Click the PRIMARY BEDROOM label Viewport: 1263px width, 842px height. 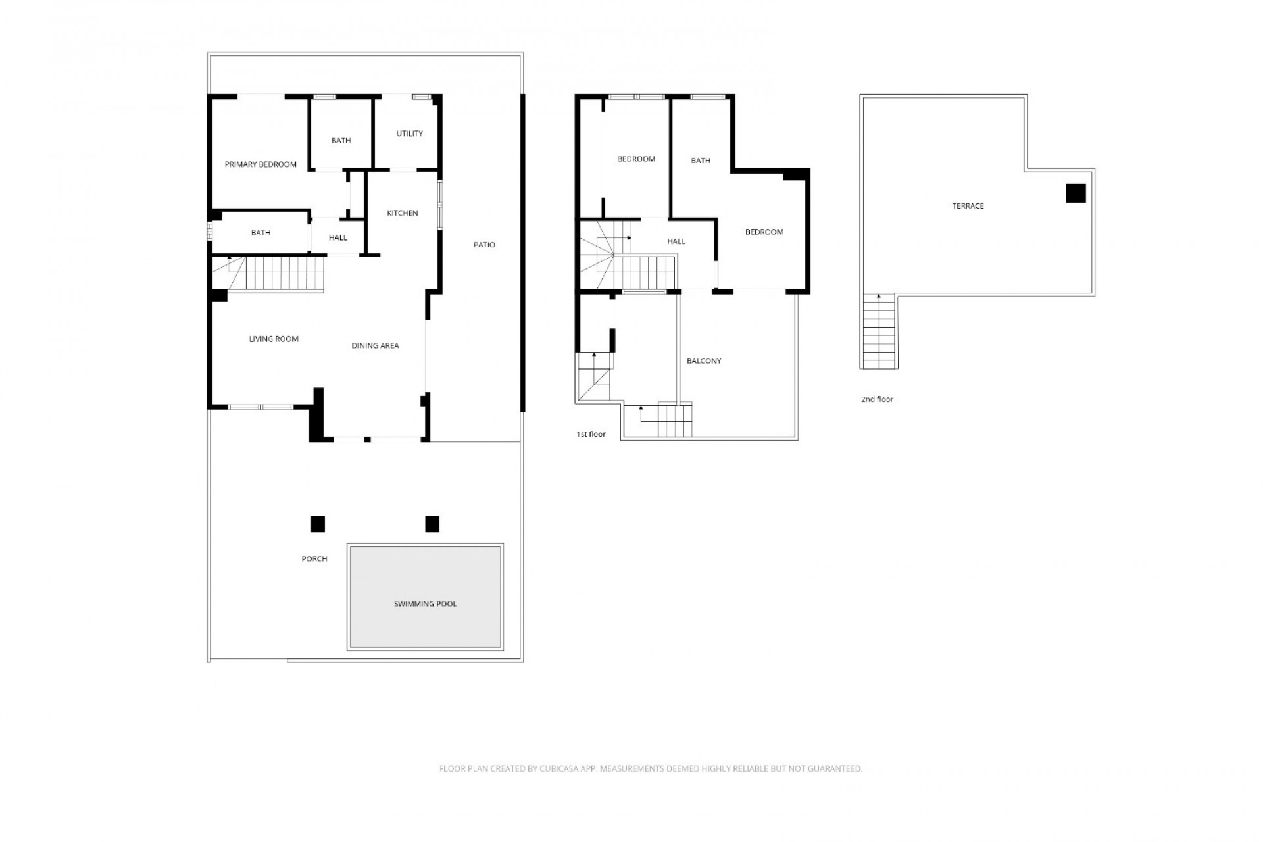(x=260, y=164)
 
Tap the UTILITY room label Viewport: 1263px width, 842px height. (x=409, y=134)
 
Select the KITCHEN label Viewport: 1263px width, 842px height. (x=403, y=213)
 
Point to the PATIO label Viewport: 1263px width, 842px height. (x=484, y=245)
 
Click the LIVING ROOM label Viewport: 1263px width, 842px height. (x=274, y=339)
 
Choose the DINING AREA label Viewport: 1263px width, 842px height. (x=375, y=346)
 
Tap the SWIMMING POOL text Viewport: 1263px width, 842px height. (x=425, y=604)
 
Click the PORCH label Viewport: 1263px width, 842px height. (x=314, y=559)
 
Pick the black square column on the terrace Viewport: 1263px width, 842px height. (x=1076, y=193)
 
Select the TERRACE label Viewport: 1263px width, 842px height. (x=968, y=206)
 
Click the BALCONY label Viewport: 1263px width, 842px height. (x=704, y=361)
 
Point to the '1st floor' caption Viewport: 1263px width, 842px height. (x=591, y=434)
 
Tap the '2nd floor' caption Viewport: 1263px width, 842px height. (x=878, y=399)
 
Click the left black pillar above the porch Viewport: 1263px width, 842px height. (x=318, y=524)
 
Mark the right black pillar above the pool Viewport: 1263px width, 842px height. (x=432, y=524)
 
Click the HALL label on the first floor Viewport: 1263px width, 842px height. (x=676, y=241)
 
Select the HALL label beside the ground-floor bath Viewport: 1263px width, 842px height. (x=338, y=238)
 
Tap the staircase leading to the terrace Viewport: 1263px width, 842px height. (x=879, y=332)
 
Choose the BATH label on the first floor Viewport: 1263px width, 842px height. (x=701, y=161)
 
